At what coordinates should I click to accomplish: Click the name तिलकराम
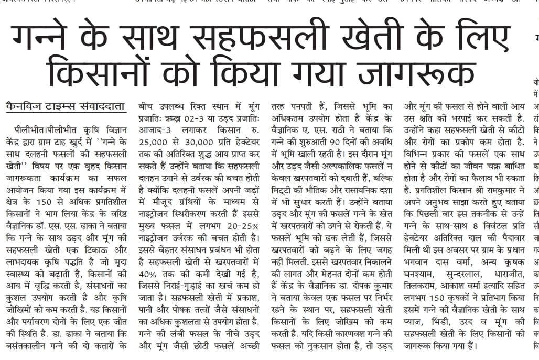point(423,286)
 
